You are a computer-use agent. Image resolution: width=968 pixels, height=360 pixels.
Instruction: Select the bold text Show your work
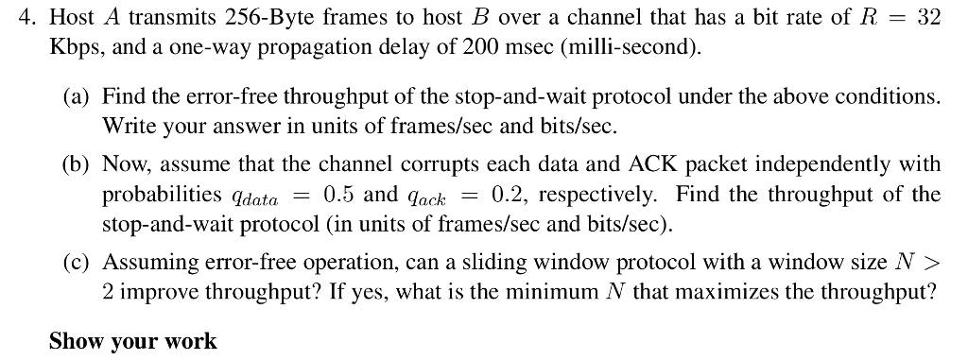click(x=132, y=341)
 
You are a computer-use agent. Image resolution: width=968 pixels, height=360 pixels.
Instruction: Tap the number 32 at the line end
click(x=927, y=19)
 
